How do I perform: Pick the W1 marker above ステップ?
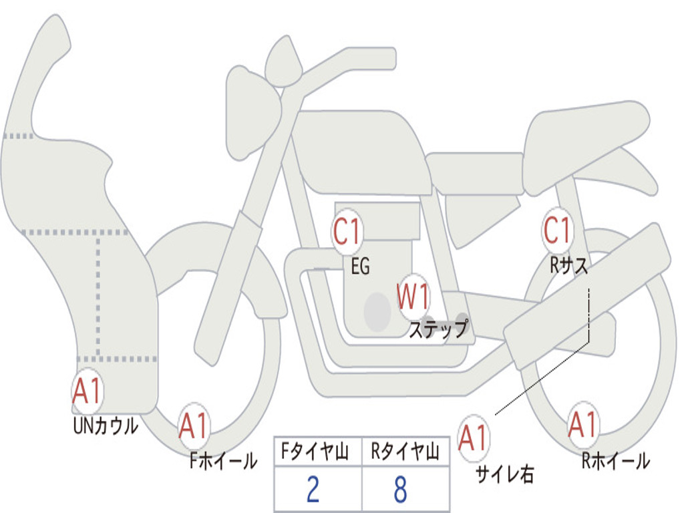click(413, 297)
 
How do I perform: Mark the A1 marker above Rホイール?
click(582, 425)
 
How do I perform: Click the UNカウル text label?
click(105, 425)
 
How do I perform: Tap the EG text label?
click(360, 267)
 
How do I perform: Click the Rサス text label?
click(568, 266)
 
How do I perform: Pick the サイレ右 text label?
click(504, 474)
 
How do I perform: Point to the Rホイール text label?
click(615, 460)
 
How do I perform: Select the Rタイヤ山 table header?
click(405, 454)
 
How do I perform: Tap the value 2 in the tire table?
click(313, 490)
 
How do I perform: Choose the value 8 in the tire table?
click(400, 490)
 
